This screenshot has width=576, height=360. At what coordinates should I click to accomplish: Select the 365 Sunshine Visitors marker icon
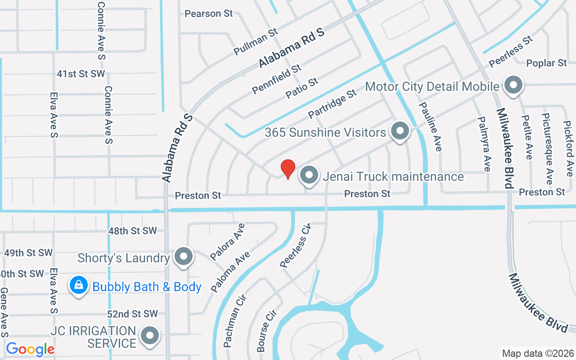click(399, 131)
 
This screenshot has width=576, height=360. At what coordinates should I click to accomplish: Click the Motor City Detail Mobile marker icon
click(513, 85)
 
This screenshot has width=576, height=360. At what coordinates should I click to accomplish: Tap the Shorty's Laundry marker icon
click(183, 257)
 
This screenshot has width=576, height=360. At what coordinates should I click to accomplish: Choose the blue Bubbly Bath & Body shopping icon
click(79, 286)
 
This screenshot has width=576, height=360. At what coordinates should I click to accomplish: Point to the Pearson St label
click(209, 13)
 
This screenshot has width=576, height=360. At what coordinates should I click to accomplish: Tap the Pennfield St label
click(276, 79)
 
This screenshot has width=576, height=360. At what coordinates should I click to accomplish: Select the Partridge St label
click(332, 104)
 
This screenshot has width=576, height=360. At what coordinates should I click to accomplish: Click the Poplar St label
click(546, 63)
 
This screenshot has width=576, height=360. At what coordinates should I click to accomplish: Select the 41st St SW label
click(81, 74)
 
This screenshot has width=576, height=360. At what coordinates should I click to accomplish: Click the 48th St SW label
click(132, 231)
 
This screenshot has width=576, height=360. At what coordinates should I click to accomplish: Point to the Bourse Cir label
click(265, 330)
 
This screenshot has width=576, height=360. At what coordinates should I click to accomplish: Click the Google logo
click(30, 349)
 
